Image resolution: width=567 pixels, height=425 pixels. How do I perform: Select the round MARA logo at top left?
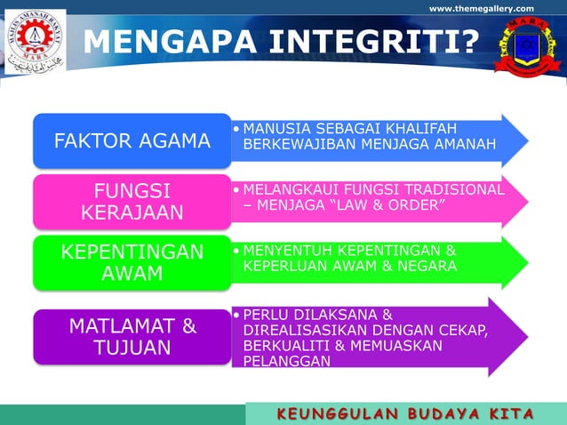[x=35, y=42]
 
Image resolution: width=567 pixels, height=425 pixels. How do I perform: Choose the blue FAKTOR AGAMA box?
[x=132, y=140]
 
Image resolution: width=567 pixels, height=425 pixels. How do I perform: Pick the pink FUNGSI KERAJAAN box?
[x=132, y=201]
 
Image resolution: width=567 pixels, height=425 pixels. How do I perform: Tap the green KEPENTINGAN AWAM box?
[x=132, y=261]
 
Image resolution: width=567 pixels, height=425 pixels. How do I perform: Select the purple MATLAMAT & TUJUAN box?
[x=132, y=336]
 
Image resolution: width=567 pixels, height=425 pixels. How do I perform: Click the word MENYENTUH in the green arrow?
[x=290, y=250]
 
